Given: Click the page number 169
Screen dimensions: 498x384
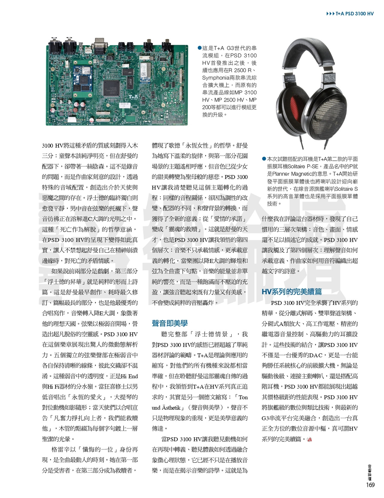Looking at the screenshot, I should [x=370, y=485].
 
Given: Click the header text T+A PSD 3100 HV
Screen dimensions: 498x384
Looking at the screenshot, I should [x=354, y=14].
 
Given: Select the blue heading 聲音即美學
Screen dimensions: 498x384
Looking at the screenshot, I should [x=169, y=323].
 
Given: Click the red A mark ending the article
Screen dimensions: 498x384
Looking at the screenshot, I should [x=310, y=439].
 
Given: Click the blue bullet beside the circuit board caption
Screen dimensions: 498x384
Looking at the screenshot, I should [x=199, y=48].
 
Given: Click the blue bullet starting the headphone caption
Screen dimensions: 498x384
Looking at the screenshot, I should [x=264, y=159].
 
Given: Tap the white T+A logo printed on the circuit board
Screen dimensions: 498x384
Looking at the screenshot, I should [x=133, y=96].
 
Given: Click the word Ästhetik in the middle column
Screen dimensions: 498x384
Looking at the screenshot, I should [x=171, y=408].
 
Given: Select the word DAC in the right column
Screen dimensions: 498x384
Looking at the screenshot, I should [x=315, y=355].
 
